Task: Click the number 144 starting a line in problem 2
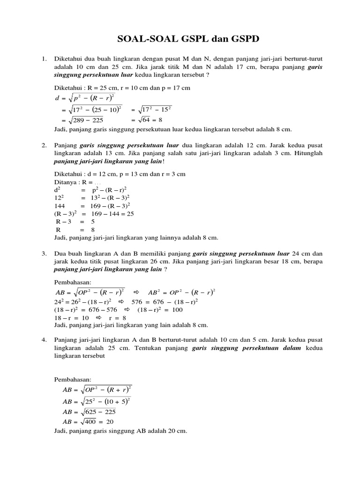[60, 205]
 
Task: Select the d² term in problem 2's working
[58, 190]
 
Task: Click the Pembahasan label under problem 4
[74, 379]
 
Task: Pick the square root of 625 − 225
[98, 412]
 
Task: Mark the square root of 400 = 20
[98, 422]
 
